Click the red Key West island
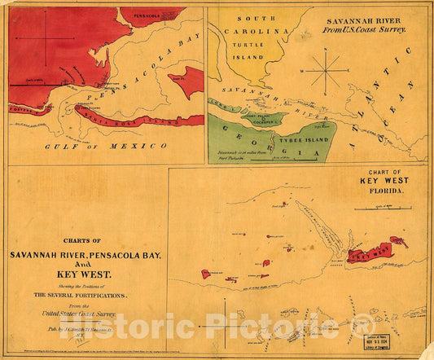coord(370,252)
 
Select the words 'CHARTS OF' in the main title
coord(85,240)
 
